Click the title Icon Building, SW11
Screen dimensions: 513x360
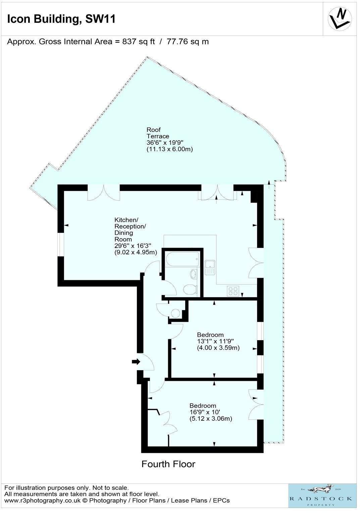[61, 19]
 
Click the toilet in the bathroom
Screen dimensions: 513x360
[190, 289]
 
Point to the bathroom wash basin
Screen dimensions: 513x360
[194, 274]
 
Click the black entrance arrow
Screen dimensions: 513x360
[136, 362]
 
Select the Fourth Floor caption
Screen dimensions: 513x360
[168, 464]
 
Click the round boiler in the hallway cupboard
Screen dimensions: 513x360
[175, 313]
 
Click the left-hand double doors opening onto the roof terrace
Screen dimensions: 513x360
[103, 193]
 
